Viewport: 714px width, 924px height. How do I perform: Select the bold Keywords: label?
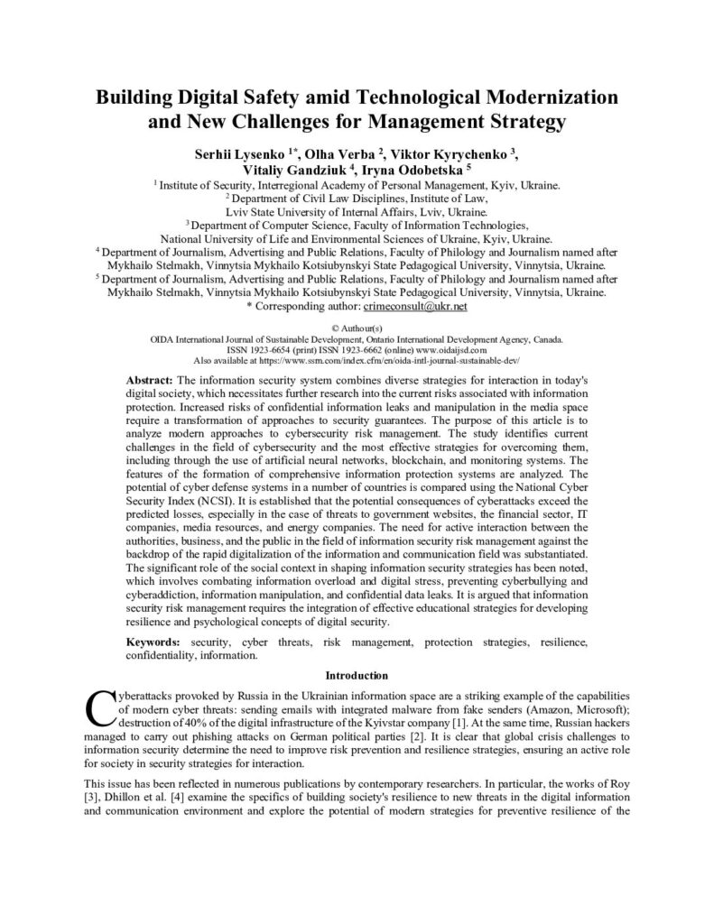pyautogui.click(x=153, y=642)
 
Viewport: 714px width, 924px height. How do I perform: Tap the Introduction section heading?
pyautogui.click(x=357, y=675)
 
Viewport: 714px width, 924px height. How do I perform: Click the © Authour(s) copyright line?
pyautogui.click(x=357, y=328)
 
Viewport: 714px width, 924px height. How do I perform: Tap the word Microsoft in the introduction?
pyautogui.click(x=591, y=710)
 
